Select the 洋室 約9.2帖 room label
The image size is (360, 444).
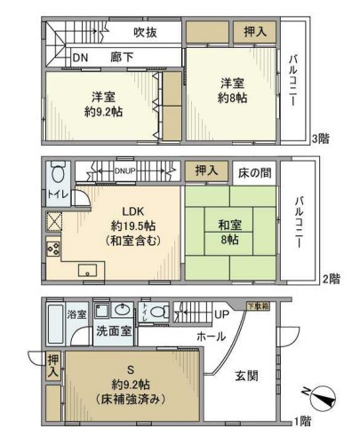tap(101, 104)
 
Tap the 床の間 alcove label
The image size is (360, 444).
tap(254, 169)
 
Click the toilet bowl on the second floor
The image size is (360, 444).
tap(58, 171)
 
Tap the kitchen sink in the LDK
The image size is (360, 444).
tap(88, 270)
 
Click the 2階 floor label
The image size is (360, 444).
tap(331, 278)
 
